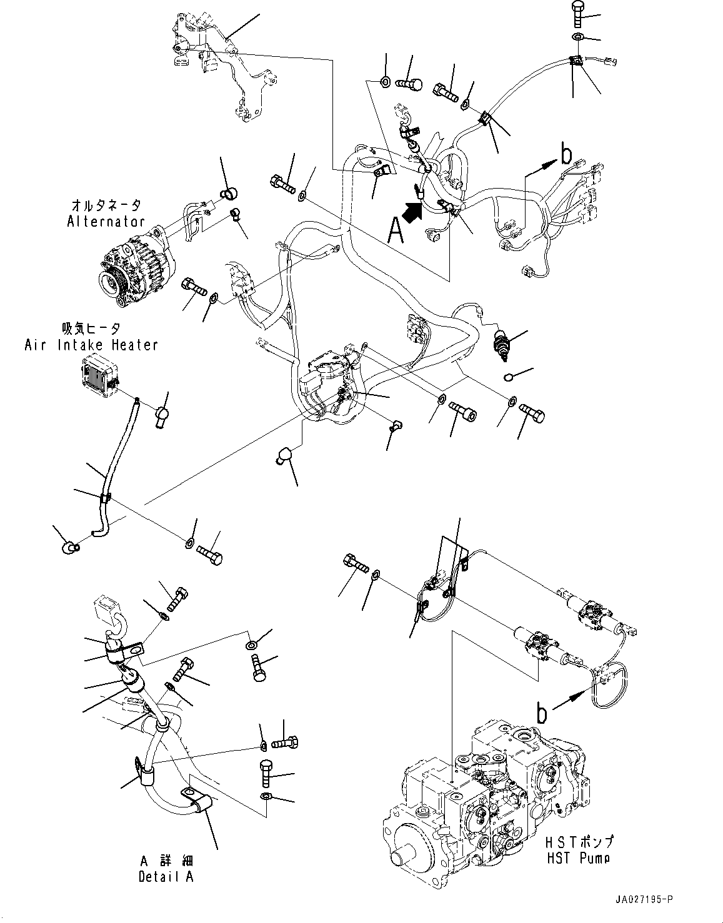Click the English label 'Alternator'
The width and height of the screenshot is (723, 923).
coord(106,221)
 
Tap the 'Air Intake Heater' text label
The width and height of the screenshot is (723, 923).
coord(91,345)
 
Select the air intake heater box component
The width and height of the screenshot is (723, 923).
coord(99,375)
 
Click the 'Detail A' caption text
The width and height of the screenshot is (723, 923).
coord(166,877)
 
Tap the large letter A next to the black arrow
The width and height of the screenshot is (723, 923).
coord(395,230)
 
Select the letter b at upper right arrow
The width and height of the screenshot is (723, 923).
coord(566,152)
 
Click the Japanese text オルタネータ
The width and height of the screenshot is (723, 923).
coord(106,205)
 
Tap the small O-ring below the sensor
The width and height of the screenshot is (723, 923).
coord(509,377)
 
